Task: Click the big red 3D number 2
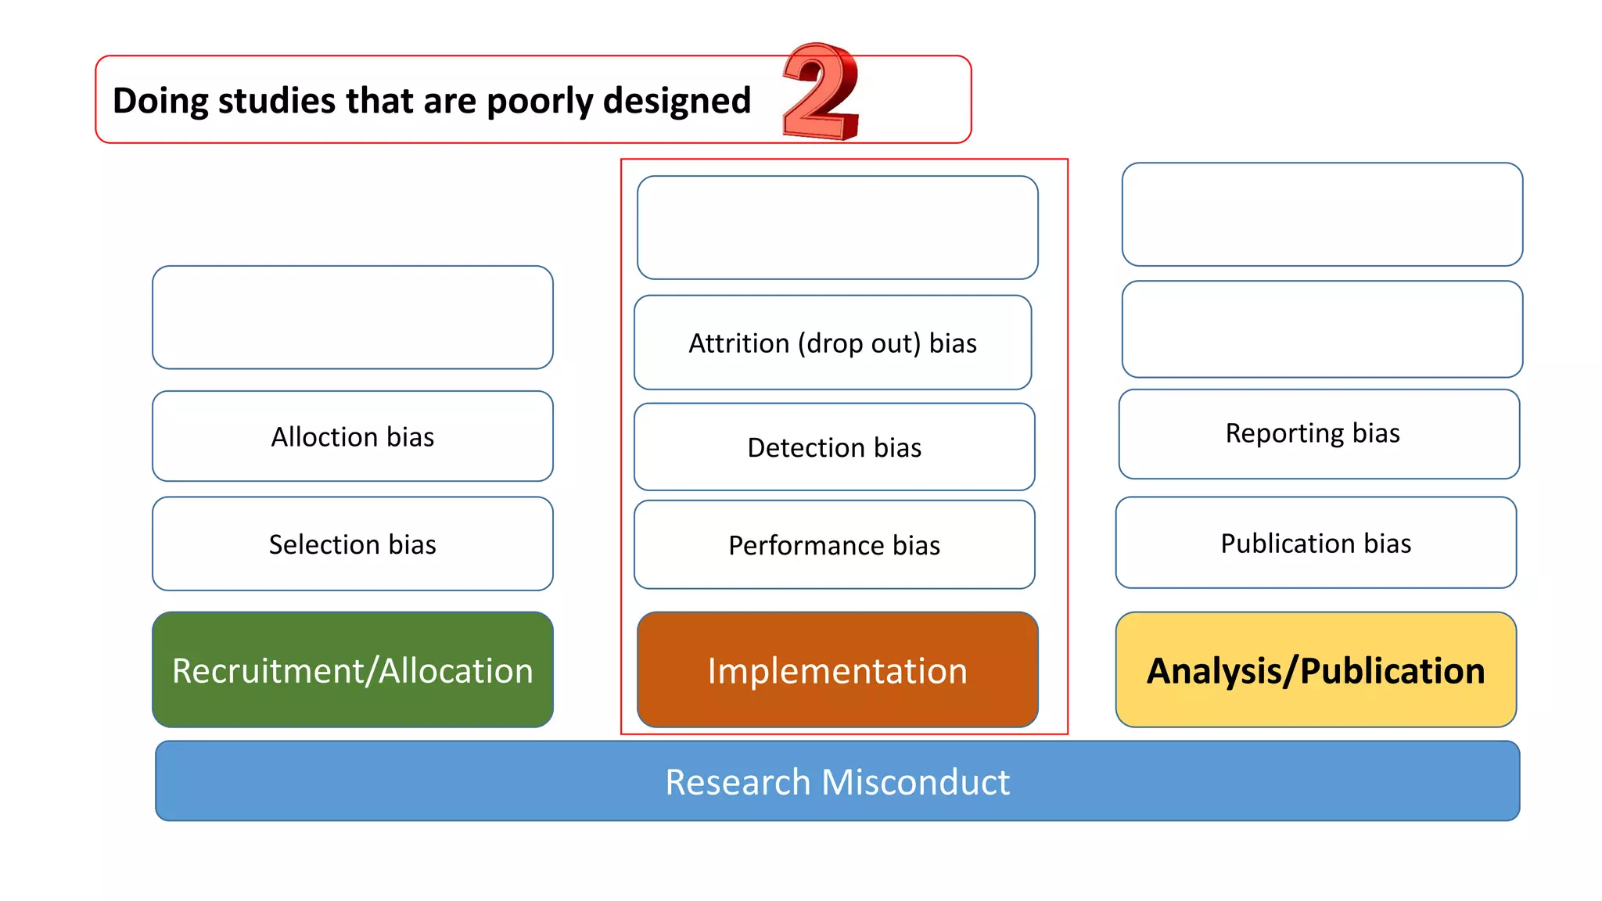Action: pos(821,92)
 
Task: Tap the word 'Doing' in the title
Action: pos(160,101)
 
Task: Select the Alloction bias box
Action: pos(353,436)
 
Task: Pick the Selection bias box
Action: pos(353,544)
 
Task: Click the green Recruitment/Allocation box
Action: pos(353,670)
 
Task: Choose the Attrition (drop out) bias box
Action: pos(832,343)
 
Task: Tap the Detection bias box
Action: pos(834,447)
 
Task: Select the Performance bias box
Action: pos(834,545)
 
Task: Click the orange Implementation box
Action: pos(837,670)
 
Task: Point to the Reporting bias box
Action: pos(1319,434)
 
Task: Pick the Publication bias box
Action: pos(1316,543)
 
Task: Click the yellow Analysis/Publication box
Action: pos(1316,670)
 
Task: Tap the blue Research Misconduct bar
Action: pos(837,781)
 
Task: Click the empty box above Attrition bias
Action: pos(837,228)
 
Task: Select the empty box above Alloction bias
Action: pos(353,318)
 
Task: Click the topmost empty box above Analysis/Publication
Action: pos(1322,214)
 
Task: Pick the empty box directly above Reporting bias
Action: pos(1322,329)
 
